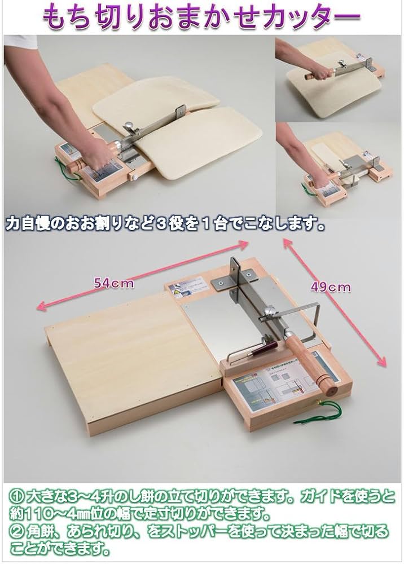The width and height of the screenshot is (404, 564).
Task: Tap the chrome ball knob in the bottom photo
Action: tap(270, 310)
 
